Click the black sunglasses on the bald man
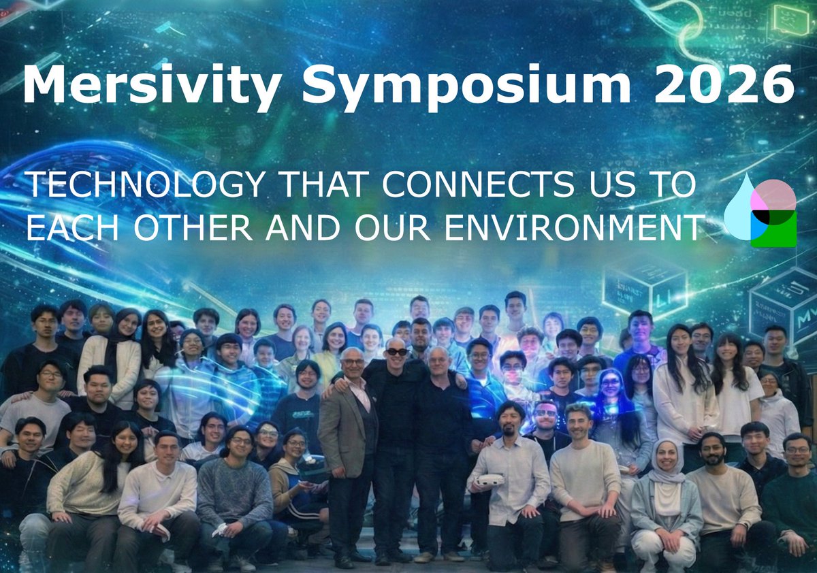pos(396,351)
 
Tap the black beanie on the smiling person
pos(229,340)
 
